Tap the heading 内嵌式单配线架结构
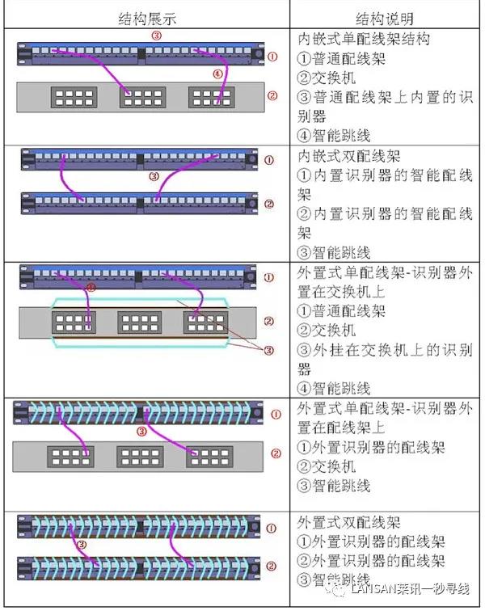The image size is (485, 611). (363, 39)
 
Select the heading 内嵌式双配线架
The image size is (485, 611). (349, 156)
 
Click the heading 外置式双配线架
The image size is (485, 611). (349, 523)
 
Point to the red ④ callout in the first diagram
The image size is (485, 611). (217, 73)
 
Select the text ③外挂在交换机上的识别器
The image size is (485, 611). (384, 360)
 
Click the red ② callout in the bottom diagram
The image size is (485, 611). (272, 567)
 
